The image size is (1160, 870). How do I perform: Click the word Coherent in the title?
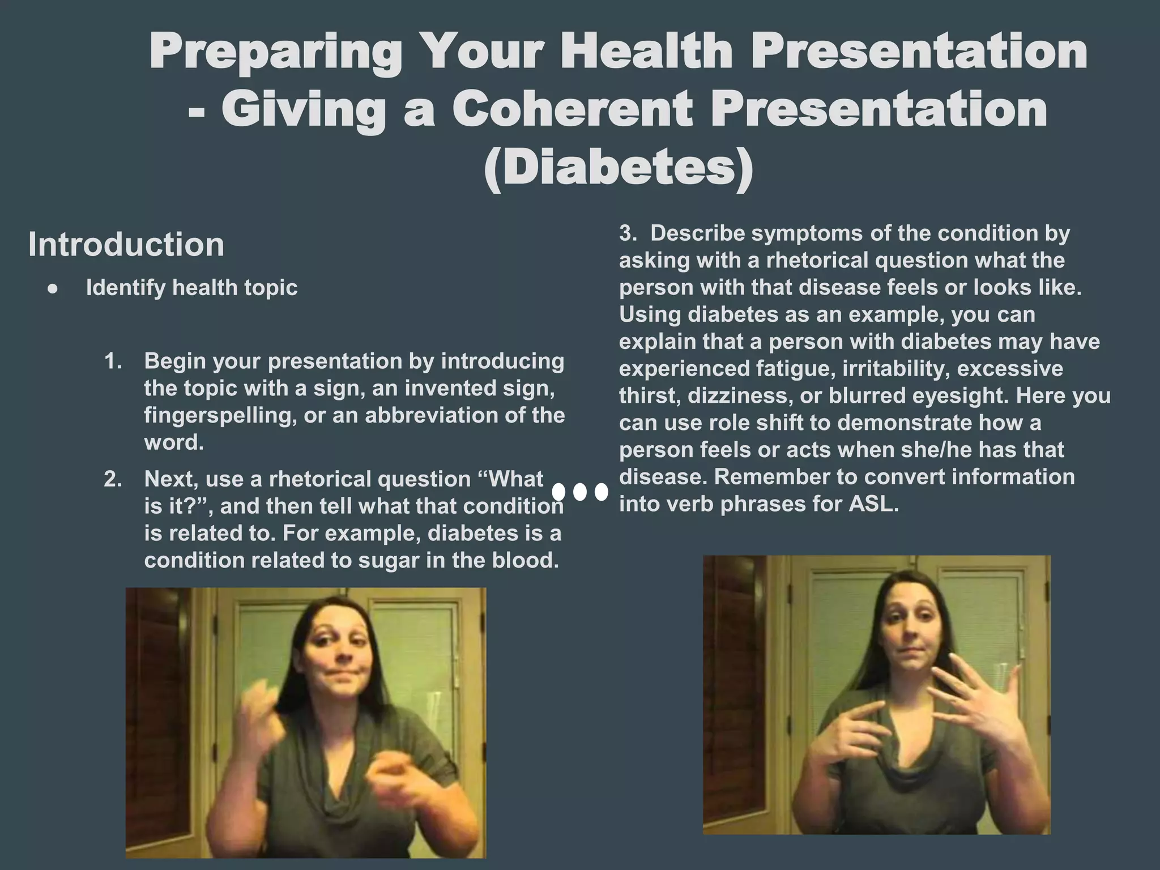572,109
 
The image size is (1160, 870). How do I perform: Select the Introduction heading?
126,244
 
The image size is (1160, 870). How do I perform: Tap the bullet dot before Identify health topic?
53,289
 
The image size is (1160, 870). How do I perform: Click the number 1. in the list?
113,361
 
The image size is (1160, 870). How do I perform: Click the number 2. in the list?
113,479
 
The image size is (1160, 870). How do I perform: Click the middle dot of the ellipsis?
579,492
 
